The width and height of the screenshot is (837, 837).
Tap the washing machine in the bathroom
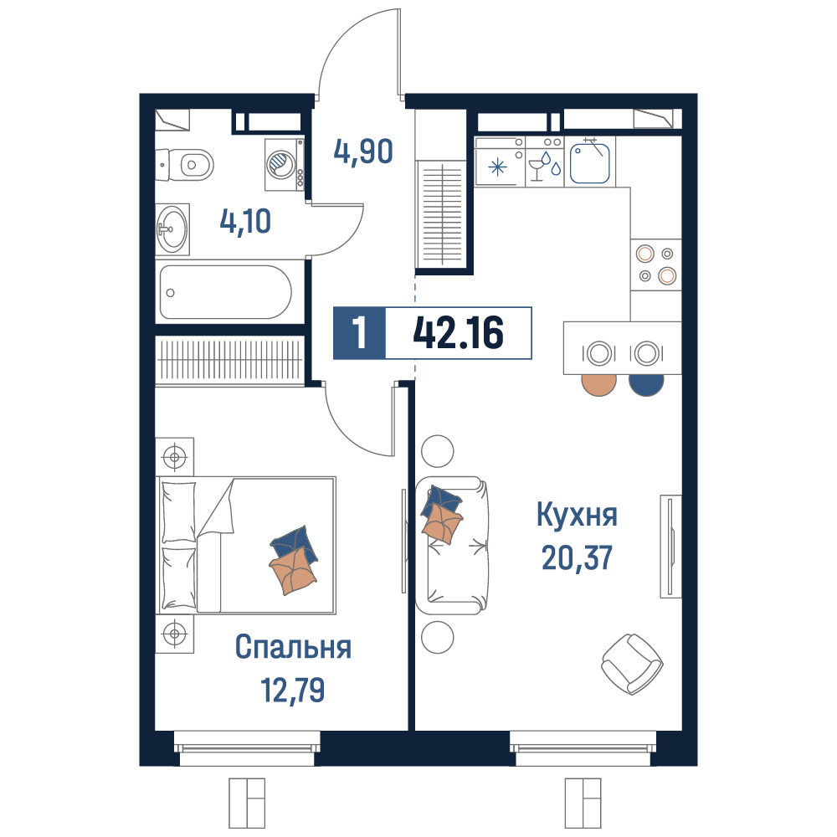pos(285,164)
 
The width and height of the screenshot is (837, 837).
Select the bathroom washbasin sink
pos(172,230)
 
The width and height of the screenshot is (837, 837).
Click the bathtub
pos(226,292)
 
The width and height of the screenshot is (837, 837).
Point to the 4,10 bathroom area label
pos(245,222)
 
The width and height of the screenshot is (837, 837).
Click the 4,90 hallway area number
pos(363,151)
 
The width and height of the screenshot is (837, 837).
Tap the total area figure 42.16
pos(459,332)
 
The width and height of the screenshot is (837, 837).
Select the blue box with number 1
pos(359,332)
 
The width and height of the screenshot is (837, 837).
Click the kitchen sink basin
pos(590,162)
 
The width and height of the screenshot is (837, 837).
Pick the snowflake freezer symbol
pos(497,167)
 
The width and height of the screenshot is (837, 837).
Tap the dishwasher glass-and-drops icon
pos(545,166)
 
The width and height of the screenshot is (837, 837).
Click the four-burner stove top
pos(655,264)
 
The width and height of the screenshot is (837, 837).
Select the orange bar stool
pos(599,383)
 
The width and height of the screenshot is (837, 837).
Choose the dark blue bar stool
pos(646,383)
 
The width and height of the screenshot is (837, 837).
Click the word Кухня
pos(577,515)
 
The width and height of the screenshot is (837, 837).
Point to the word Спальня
pos(293,648)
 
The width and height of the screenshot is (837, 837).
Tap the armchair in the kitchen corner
pos(632,664)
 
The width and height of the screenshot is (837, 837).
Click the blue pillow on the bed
pos(294,544)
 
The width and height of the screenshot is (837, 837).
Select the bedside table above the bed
pos(175,457)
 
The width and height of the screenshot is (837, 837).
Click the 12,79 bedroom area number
pos(292,690)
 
